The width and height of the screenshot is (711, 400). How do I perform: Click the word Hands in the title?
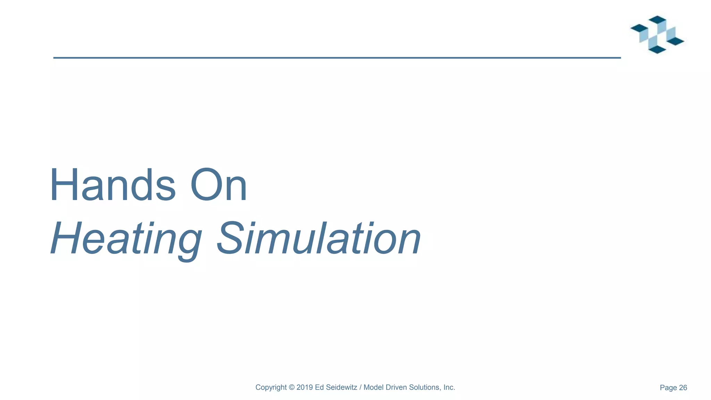point(112,185)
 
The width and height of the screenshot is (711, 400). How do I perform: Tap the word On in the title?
point(219,185)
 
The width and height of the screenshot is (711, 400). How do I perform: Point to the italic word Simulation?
point(319,239)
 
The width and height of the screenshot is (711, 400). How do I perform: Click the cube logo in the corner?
point(657,34)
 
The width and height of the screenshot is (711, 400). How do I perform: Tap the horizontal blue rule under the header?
point(337,58)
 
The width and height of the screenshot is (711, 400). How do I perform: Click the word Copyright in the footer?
point(271,387)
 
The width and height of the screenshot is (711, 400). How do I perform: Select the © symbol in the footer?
point(292,387)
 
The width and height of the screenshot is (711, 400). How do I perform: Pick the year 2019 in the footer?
point(305,387)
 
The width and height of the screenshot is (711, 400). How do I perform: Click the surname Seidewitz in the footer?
point(341,387)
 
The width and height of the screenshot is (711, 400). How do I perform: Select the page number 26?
point(683,388)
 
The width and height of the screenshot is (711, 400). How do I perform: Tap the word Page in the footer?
point(668,388)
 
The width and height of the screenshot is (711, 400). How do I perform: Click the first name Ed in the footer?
point(319,387)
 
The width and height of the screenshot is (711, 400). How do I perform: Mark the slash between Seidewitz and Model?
point(360,387)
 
